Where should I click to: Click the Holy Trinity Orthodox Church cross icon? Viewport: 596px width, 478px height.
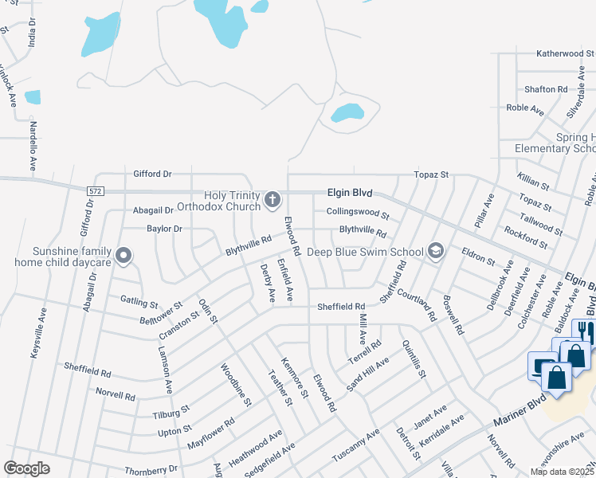click(273, 199)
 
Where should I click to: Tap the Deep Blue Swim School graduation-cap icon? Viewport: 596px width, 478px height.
click(435, 251)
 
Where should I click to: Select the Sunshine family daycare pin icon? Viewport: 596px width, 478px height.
click(123, 255)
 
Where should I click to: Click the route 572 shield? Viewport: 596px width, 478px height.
click(96, 191)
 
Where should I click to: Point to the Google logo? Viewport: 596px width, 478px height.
click(26, 468)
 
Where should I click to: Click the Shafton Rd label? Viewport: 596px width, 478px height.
click(546, 89)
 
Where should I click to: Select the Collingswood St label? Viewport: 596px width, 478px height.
click(357, 214)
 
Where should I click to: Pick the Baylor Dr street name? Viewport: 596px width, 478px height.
click(164, 229)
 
